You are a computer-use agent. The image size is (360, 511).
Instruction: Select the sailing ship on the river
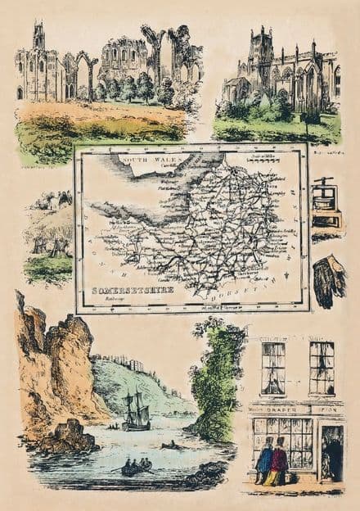coord(135,411)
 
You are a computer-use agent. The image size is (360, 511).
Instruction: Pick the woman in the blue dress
coord(264,462)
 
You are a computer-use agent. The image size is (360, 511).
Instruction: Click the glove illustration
coord(328,279)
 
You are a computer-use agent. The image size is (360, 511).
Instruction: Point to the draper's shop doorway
coord(332,452)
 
